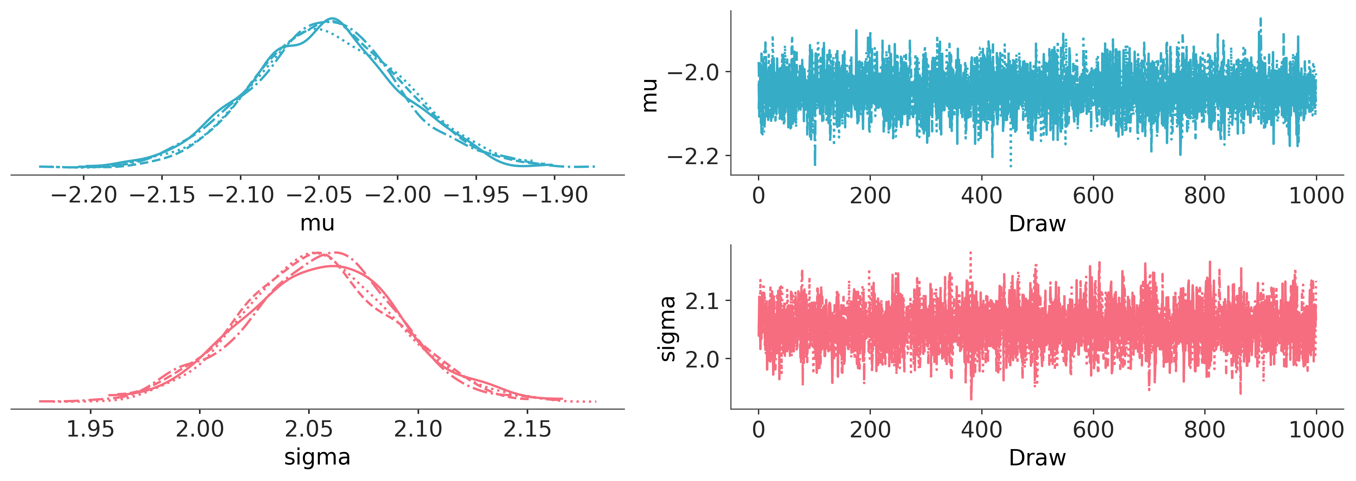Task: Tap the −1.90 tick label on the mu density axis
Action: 555,195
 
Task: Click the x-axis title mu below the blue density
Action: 317,223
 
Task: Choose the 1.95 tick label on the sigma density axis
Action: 90,430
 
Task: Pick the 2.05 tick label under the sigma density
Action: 309,430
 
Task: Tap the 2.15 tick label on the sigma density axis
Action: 527,430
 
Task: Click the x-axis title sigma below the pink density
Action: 317,457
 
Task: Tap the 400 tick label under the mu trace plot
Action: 982,196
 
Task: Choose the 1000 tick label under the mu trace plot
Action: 1316,196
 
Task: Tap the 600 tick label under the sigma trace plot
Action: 1093,430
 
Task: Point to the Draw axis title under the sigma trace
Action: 1037,458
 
